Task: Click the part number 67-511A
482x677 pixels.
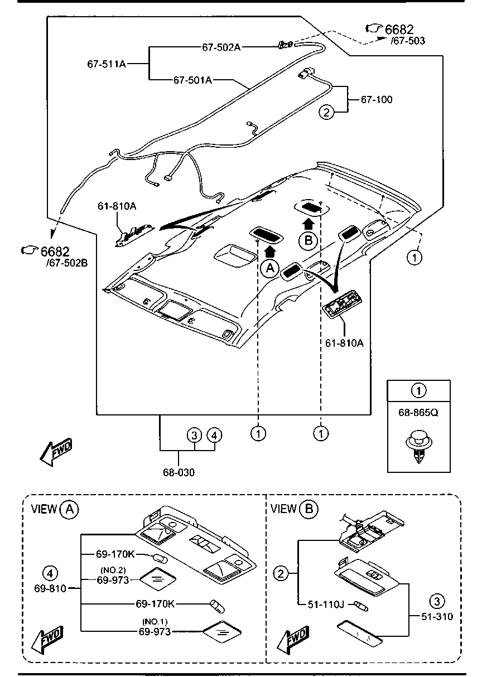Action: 106,64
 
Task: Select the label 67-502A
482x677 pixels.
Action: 221,47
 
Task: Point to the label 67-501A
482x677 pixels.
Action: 192,80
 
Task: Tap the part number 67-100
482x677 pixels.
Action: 377,100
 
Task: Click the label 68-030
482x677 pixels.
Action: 179,472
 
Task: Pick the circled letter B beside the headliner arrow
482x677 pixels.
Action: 307,240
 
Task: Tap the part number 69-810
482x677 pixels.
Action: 50,588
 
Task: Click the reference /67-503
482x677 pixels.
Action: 408,40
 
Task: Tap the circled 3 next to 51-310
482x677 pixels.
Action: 437,601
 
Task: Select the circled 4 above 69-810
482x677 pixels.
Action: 50,573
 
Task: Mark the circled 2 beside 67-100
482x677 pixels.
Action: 327,112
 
